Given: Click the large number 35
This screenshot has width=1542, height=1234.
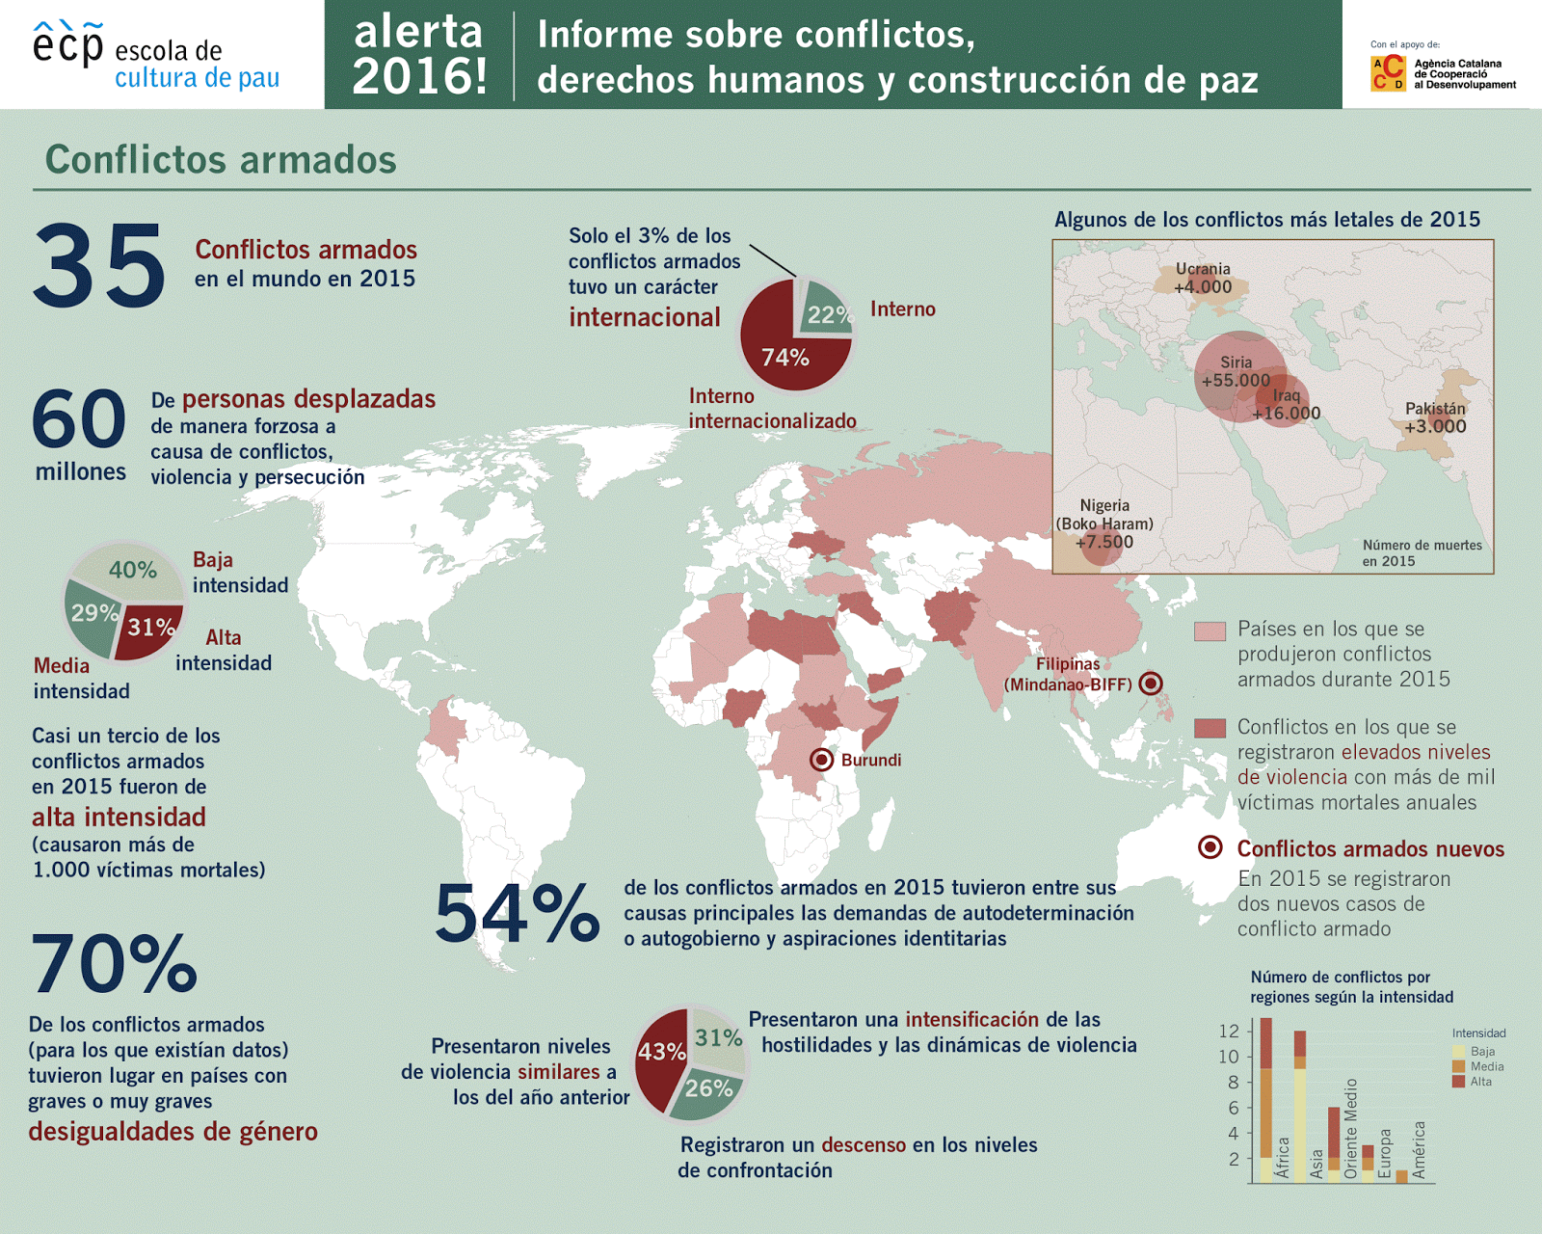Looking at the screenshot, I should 99,265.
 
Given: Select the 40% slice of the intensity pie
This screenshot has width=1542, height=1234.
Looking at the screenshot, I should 132,570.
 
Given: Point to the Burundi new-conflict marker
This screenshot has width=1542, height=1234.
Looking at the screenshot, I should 821,760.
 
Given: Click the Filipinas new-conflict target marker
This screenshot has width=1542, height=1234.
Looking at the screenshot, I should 1150,684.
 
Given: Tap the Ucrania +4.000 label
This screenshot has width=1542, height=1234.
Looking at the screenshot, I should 1203,279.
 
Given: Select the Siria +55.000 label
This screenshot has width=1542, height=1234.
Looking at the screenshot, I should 1236,372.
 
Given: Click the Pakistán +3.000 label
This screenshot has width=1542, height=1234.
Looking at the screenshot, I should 1435,417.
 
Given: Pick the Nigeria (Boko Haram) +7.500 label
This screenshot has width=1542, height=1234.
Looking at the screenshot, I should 1104,523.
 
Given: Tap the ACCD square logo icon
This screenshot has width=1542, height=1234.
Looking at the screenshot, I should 1388,73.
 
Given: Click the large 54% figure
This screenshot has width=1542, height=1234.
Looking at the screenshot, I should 517,913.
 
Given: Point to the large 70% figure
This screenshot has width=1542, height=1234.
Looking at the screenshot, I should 114,963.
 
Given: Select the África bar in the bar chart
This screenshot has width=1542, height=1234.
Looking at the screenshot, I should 1265,1099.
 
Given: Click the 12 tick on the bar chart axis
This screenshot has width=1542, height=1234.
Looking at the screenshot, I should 1228,1031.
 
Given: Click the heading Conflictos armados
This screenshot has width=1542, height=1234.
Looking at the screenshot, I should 221,160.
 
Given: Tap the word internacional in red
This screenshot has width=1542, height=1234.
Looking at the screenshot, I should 644,317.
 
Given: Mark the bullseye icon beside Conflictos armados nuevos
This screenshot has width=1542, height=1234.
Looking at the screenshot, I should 1210,847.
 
